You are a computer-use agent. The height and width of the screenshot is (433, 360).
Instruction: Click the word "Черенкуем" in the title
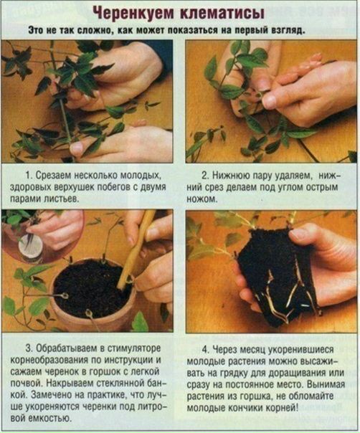(x=133, y=13)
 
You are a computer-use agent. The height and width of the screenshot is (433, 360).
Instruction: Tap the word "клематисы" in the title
(x=222, y=13)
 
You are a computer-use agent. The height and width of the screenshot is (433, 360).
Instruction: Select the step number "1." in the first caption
(x=29, y=175)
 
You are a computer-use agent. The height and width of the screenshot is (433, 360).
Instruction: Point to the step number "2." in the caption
(x=205, y=176)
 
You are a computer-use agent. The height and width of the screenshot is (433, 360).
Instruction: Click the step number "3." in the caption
(x=29, y=348)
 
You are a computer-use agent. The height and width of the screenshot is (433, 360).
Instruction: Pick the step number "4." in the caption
(x=206, y=350)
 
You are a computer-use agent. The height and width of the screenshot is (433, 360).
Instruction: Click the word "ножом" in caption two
(x=202, y=199)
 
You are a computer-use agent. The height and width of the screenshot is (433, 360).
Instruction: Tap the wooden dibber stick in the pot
(x=136, y=249)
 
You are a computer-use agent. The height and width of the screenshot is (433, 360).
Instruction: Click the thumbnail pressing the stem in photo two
(x=270, y=102)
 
